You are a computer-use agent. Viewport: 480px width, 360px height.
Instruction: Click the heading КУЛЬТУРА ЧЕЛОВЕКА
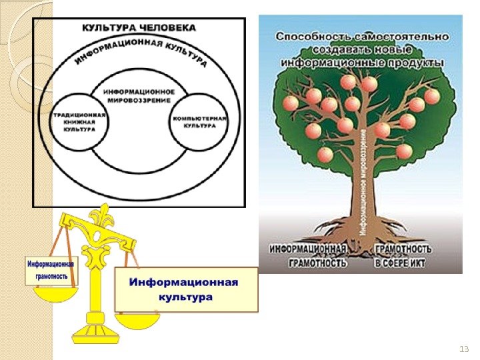(x=139, y=28)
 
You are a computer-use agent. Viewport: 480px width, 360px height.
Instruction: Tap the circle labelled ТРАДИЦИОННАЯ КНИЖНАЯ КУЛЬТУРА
(x=79, y=121)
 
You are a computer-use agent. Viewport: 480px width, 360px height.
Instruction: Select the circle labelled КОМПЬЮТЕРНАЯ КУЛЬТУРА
(x=200, y=121)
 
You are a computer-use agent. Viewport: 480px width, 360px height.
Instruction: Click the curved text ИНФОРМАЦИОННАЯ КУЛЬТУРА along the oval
(x=140, y=53)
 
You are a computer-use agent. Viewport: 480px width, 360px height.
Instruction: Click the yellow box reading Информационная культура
(x=186, y=289)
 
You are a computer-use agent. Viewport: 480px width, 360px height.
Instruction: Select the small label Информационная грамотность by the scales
(x=51, y=269)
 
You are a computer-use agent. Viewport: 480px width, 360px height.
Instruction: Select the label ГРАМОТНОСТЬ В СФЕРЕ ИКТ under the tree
(x=403, y=255)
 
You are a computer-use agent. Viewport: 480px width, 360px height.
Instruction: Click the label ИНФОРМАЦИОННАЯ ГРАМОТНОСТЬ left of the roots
(x=308, y=255)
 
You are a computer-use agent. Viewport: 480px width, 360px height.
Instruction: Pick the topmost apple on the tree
(x=349, y=81)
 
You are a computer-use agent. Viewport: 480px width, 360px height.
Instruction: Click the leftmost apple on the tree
(x=291, y=103)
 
